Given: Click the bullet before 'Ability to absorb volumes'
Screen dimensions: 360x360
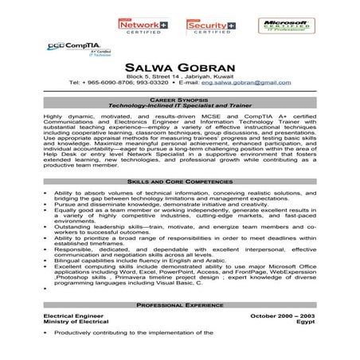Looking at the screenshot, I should (46, 193).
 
